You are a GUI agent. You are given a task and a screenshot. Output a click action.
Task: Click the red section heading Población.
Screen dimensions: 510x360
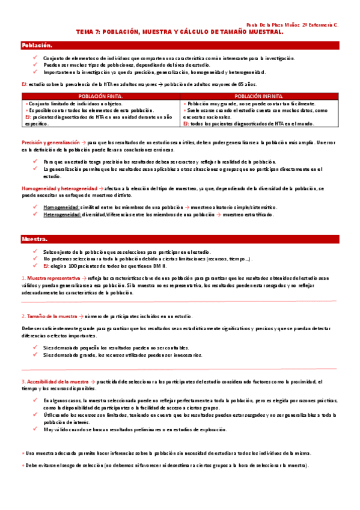(37, 46)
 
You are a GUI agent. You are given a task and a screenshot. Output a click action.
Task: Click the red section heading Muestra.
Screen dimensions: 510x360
(34, 239)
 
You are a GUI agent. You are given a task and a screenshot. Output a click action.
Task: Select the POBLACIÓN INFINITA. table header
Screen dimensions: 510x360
(259, 96)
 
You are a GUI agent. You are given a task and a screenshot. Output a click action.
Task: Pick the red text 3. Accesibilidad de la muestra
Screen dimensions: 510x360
(55, 382)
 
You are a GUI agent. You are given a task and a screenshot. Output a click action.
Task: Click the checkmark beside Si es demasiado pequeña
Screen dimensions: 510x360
(36, 348)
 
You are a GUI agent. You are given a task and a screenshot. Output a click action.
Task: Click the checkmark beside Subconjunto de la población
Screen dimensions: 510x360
(36, 251)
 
